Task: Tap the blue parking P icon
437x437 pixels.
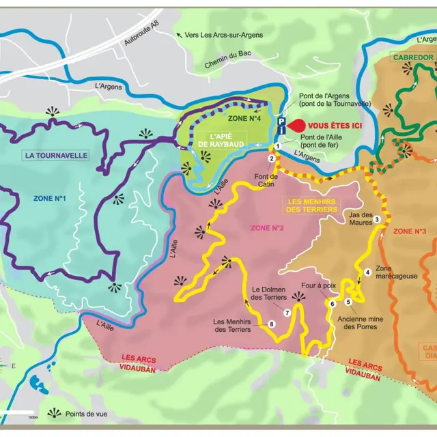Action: click(x=281, y=120)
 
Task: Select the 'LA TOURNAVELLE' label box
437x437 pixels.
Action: click(x=56, y=155)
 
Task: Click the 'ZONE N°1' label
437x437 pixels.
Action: click(x=49, y=199)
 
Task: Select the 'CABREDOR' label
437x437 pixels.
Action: click(x=413, y=57)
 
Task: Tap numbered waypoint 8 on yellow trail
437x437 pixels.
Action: click(x=272, y=324)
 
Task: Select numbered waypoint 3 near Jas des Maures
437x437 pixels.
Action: click(x=376, y=219)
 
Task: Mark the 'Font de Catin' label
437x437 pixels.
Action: click(x=266, y=180)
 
